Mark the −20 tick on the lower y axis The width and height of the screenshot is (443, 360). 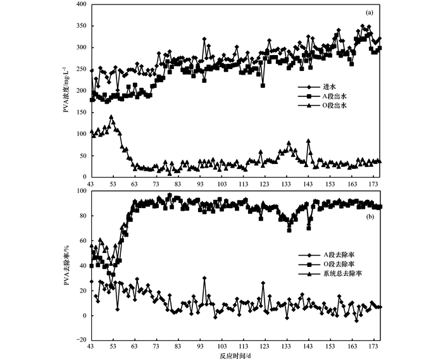pos(82,340)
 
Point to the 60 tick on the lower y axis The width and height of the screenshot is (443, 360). pos(83,240)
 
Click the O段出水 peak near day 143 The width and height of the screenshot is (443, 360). pos(308,140)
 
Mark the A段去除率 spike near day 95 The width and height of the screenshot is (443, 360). pos(204,278)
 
